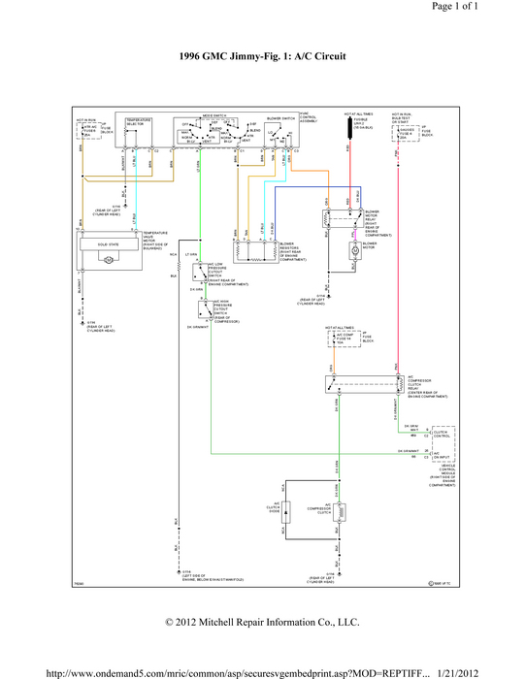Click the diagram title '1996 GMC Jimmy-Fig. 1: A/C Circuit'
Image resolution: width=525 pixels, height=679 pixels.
(x=262, y=57)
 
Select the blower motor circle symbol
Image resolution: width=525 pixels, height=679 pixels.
(x=354, y=248)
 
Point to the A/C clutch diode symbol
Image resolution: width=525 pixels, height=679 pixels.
(x=284, y=508)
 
